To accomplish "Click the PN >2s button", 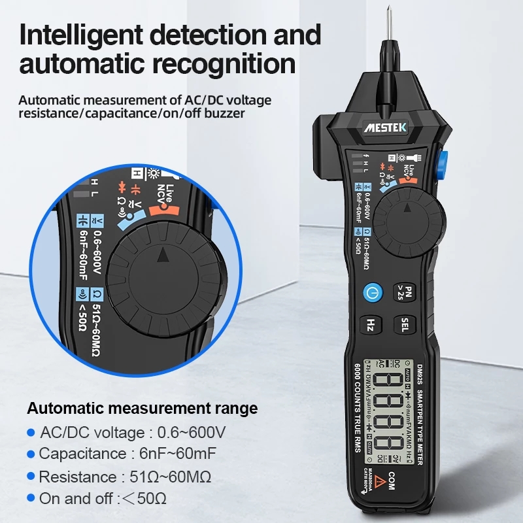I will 403,292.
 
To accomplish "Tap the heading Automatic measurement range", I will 143,409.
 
